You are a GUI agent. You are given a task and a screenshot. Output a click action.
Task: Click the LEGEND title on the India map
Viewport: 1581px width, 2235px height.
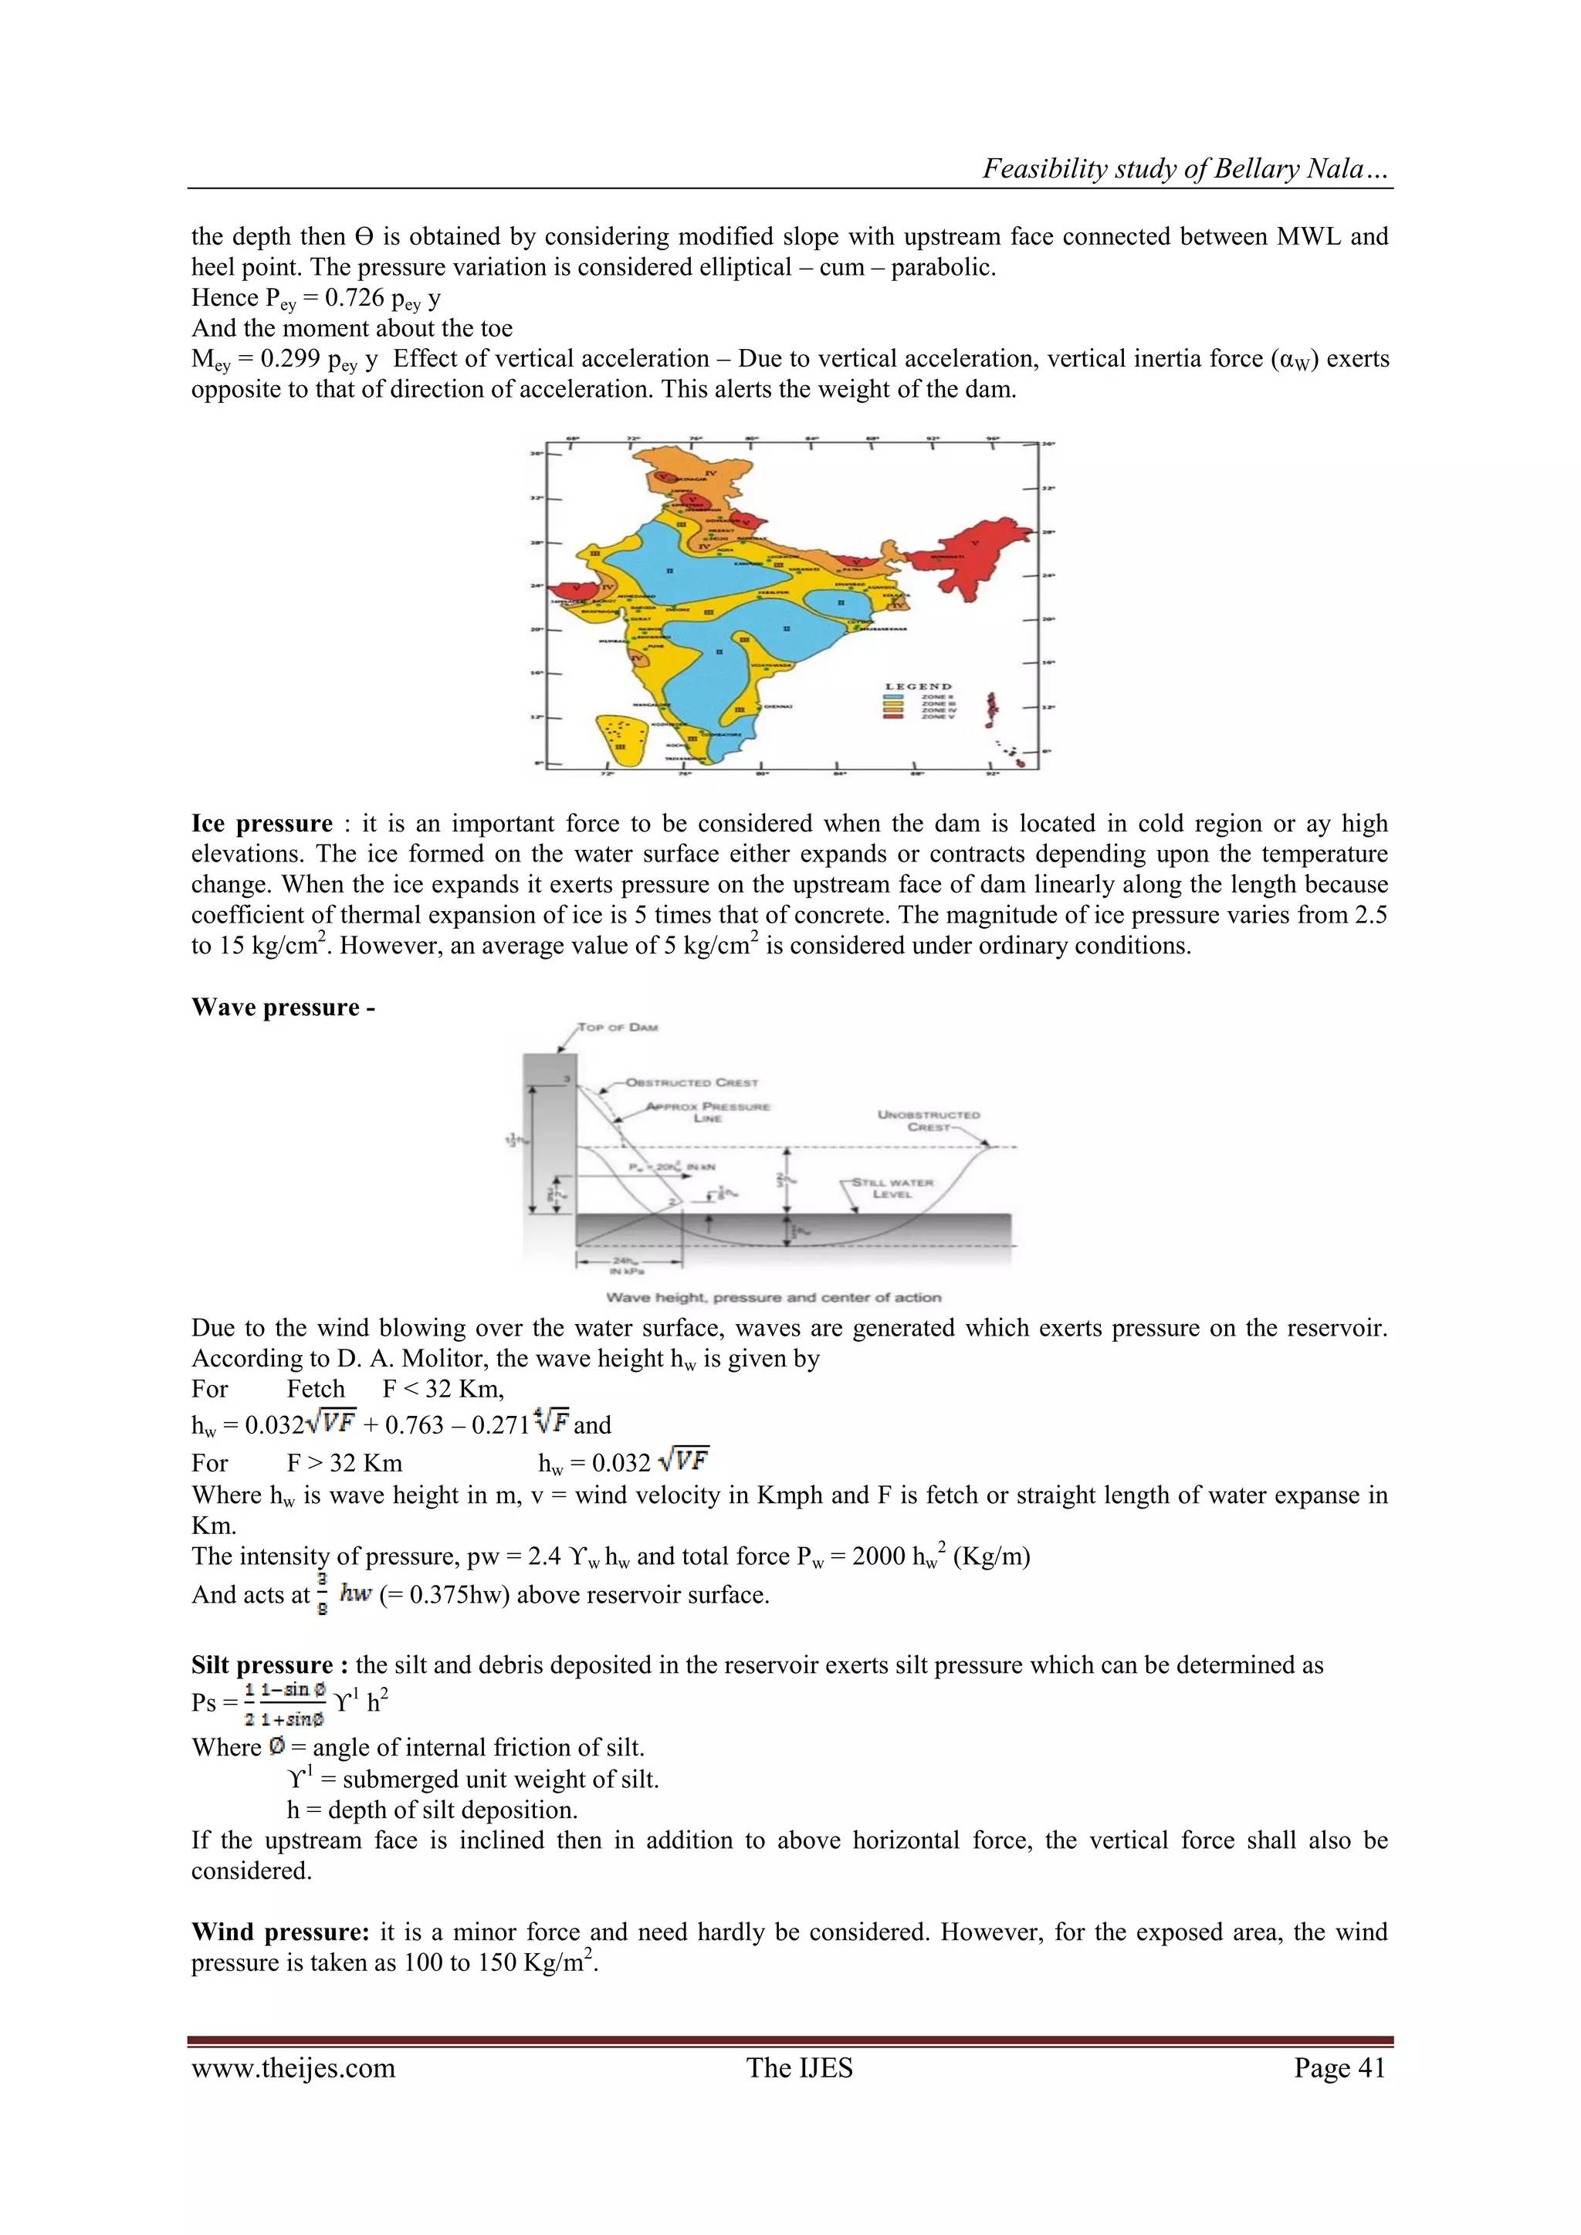click(918, 686)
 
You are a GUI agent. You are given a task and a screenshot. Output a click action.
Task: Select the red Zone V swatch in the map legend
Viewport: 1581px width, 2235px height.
click(894, 716)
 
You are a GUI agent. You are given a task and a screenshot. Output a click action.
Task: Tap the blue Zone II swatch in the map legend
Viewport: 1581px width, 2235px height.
click(894, 697)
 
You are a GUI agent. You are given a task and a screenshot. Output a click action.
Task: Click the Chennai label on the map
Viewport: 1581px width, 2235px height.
click(777, 706)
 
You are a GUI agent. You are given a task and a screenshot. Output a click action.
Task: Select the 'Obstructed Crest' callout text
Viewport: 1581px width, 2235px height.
click(691, 1082)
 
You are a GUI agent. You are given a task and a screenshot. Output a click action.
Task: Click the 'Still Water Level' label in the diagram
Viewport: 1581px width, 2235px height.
click(892, 1187)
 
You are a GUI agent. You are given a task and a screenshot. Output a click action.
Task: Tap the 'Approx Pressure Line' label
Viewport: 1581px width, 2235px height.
click(708, 1112)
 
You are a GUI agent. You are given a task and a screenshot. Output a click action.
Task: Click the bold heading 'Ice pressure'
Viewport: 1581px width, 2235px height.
click(262, 824)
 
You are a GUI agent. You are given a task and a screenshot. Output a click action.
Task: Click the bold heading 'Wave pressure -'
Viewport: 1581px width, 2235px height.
click(283, 1007)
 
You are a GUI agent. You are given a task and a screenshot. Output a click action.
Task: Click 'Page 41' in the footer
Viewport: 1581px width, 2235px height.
click(1339, 2067)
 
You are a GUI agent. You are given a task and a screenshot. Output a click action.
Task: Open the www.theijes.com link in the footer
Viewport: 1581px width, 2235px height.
click(293, 2067)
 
